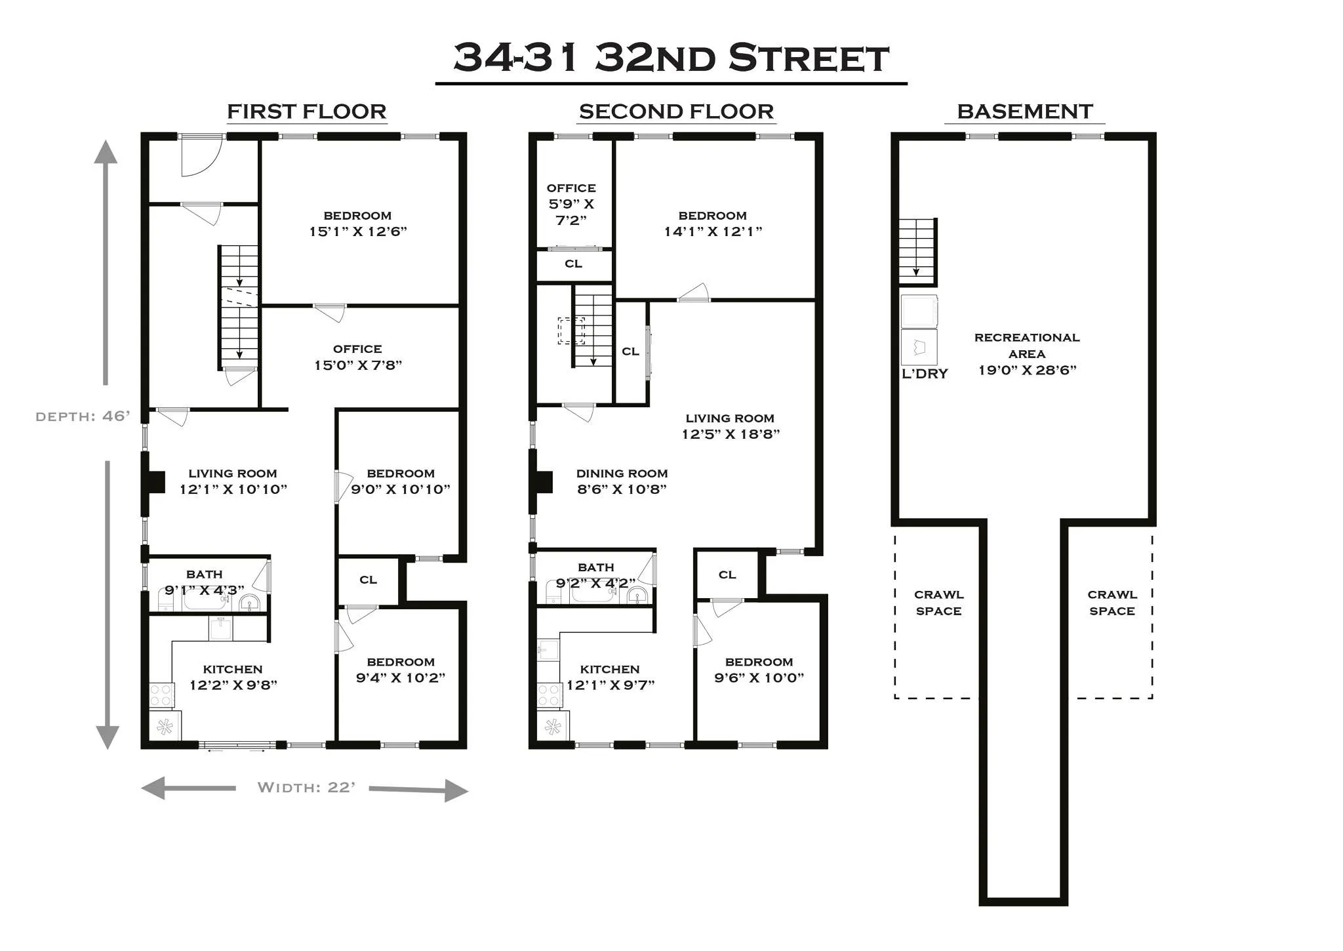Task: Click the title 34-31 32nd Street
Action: pyautogui.click(x=671, y=58)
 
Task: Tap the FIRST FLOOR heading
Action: pyautogui.click(x=306, y=111)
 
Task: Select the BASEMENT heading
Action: pyautogui.click(x=1024, y=111)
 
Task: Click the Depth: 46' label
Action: pyautogui.click(x=83, y=416)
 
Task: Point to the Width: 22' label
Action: pyautogui.click(x=306, y=787)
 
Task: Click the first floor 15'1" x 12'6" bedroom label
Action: pyautogui.click(x=358, y=224)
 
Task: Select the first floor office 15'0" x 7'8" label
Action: pyautogui.click(x=357, y=357)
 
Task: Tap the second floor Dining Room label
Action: pyautogui.click(x=622, y=481)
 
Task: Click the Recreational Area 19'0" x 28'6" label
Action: pyautogui.click(x=1027, y=354)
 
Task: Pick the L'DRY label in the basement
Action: pyautogui.click(x=925, y=374)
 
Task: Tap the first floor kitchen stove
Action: pyautogui.click(x=162, y=695)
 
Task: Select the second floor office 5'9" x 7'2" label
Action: pyautogui.click(x=571, y=204)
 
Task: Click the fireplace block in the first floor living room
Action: pyautogui.click(x=155, y=482)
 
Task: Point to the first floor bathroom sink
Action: pyautogui.click(x=250, y=602)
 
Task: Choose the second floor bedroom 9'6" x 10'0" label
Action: pyautogui.click(x=759, y=670)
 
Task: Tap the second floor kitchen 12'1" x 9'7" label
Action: pyautogui.click(x=610, y=678)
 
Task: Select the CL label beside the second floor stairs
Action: pyautogui.click(x=630, y=352)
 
